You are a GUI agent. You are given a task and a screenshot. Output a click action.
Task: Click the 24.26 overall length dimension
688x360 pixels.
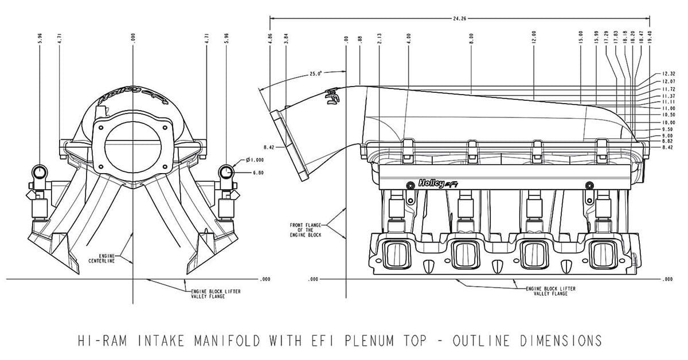tap(459, 18)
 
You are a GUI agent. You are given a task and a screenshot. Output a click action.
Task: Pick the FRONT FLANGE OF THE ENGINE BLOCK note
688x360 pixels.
tap(306, 230)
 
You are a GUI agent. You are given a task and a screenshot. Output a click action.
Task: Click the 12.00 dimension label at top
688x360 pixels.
tap(533, 39)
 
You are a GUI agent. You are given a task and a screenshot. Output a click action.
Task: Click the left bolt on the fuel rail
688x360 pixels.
tap(409, 185)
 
